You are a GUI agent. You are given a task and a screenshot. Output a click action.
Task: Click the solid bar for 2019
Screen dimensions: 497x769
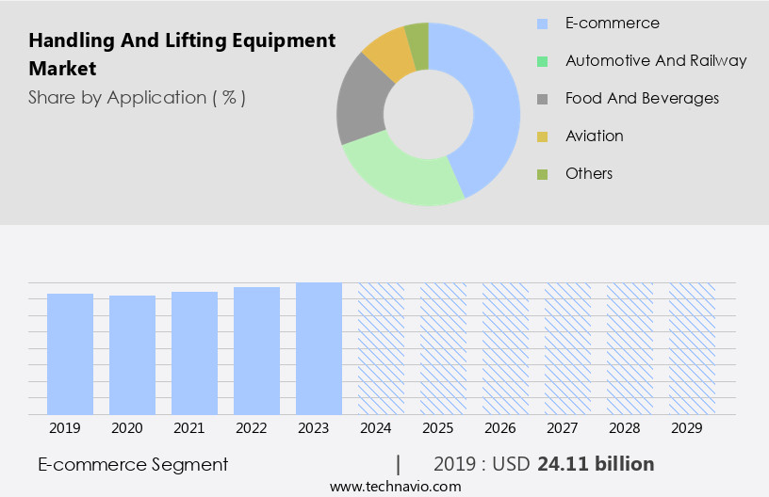(x=70, y=354)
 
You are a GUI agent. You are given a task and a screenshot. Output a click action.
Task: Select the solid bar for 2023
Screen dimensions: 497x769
(x=319, y=348)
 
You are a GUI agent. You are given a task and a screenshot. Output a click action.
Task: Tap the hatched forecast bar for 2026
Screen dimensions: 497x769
(x=505, y=348)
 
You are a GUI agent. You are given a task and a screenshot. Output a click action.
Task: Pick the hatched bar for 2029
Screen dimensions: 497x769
(x=692, y=348)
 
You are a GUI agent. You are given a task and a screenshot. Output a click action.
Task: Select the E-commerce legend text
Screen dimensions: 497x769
(x=612, y=23)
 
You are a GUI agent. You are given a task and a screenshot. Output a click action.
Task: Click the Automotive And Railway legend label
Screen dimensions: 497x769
(x=656, y=60)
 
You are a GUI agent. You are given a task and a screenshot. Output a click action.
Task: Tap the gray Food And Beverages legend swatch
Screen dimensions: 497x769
(x=542, y=99)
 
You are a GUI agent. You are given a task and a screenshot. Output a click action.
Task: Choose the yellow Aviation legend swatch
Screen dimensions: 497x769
(x=542, y=136)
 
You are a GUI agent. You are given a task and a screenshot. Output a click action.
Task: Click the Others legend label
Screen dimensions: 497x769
(x=589, y=173)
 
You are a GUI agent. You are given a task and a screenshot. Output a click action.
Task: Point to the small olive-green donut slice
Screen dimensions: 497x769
(x=417, y=35)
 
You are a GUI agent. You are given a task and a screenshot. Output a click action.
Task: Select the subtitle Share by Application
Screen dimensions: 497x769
(x=137, y=97)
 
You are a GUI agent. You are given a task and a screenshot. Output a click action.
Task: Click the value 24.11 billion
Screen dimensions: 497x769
(x=596, y=464)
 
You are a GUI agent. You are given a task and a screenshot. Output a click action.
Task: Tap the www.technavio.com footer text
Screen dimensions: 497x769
(x=396, y=486)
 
